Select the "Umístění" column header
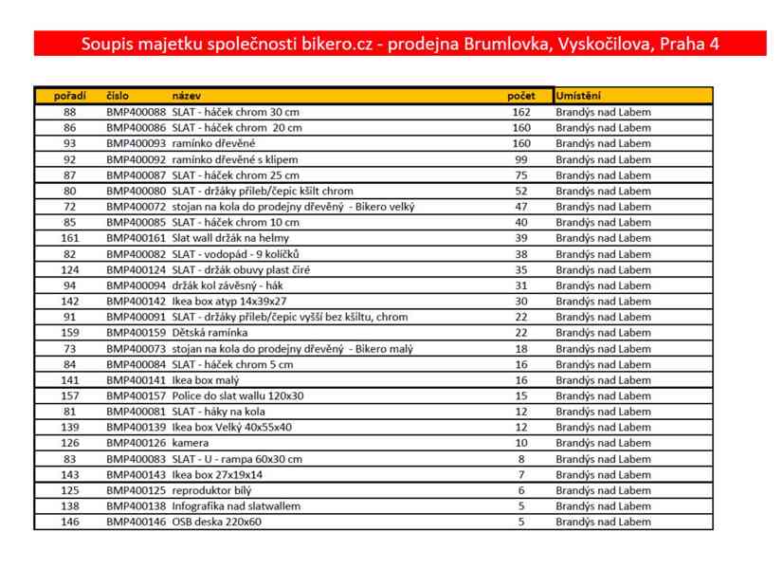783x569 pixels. coord(578,96)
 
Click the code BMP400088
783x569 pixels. coord(136,112)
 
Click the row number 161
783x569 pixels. coord(70,238)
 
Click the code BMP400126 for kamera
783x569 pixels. coord(136,443)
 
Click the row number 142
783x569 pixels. coord(70,301)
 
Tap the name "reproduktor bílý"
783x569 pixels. coord(212,490)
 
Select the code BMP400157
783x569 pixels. coord(136,395)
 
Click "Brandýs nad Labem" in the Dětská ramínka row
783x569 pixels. coord(603,333)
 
